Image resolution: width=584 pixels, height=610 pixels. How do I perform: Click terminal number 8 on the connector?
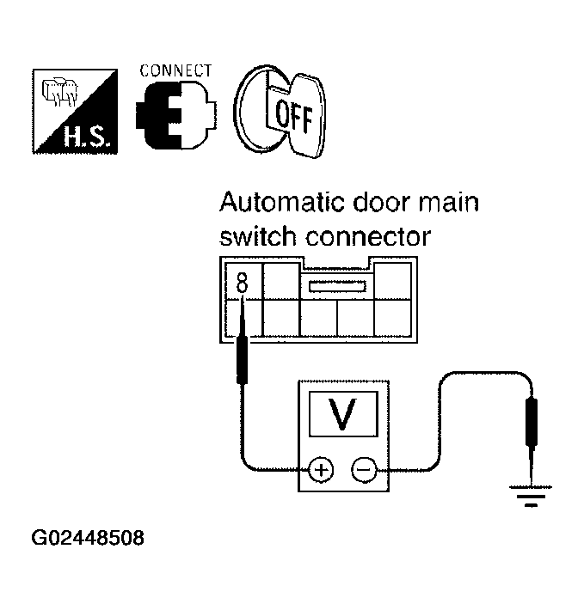point(242,281)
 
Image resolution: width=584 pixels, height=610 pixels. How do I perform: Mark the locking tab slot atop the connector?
point(338,285)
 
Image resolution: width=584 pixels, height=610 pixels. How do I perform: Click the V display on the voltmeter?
point(343,413)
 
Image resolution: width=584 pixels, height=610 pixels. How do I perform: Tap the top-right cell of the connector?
point(395,279)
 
